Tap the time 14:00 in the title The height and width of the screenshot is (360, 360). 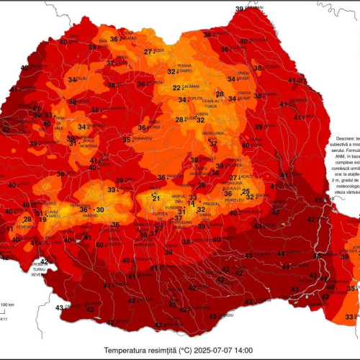(x=243, y=351)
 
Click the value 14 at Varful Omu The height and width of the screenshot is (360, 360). (x=191, y=204)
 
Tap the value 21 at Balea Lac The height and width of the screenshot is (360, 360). (x=156, y=198)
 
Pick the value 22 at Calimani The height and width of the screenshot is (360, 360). (x=176, y=88)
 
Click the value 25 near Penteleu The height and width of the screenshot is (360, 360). (x=246, y=192)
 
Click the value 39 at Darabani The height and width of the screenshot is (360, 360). (x=239, y=9)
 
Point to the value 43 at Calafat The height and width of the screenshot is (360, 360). (x=59, y=307)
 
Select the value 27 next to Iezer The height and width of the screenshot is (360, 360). (x=148, y=52)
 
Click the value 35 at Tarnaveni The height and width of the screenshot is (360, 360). (x=126, y=140)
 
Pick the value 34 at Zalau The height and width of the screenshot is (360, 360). (x=72, y=79)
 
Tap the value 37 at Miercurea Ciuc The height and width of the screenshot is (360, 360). (x=213, y=143)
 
